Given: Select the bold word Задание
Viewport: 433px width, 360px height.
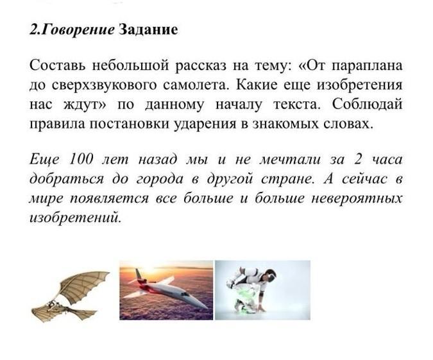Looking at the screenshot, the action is [148, 30].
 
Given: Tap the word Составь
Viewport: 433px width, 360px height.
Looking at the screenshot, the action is [58, 65].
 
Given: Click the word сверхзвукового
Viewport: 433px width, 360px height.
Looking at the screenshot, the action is [104, 85].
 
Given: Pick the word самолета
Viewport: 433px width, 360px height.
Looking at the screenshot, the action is [196, 85].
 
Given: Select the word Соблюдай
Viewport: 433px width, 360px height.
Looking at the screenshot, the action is [368, 105].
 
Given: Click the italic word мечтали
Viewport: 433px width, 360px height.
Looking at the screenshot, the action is [290, 159].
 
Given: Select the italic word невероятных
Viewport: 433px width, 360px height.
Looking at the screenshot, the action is [357, 199].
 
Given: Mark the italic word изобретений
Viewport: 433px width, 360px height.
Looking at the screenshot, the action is [75, 218].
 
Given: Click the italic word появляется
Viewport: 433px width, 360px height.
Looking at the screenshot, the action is [109, 199].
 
